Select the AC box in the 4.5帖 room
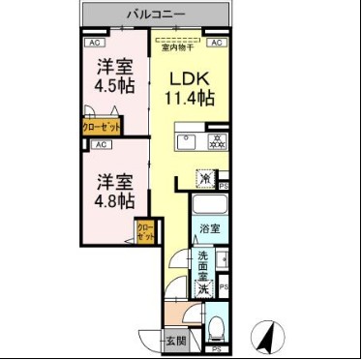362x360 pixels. pos(95,44)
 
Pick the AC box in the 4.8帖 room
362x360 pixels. pos(100,144)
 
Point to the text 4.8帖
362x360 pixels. pos(113,198)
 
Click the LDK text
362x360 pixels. pos(190,79)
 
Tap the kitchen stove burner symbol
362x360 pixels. pos(217,142)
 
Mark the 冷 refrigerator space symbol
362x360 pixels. pos(207,178)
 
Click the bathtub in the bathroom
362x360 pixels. pos(209,205)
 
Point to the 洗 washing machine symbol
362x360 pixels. pos(204,288)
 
